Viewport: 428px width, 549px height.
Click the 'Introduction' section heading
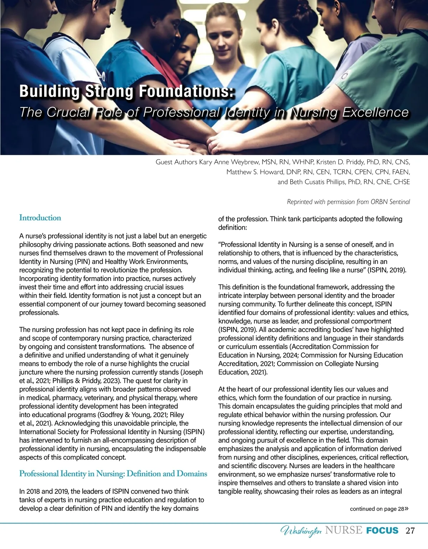click(x=40, y=218)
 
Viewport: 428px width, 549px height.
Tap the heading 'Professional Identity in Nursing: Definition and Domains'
click(x=113, y=474)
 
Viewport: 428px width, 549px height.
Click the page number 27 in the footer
click(x=410, y=530)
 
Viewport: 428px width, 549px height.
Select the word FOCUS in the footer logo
click(x=382, y=530)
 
